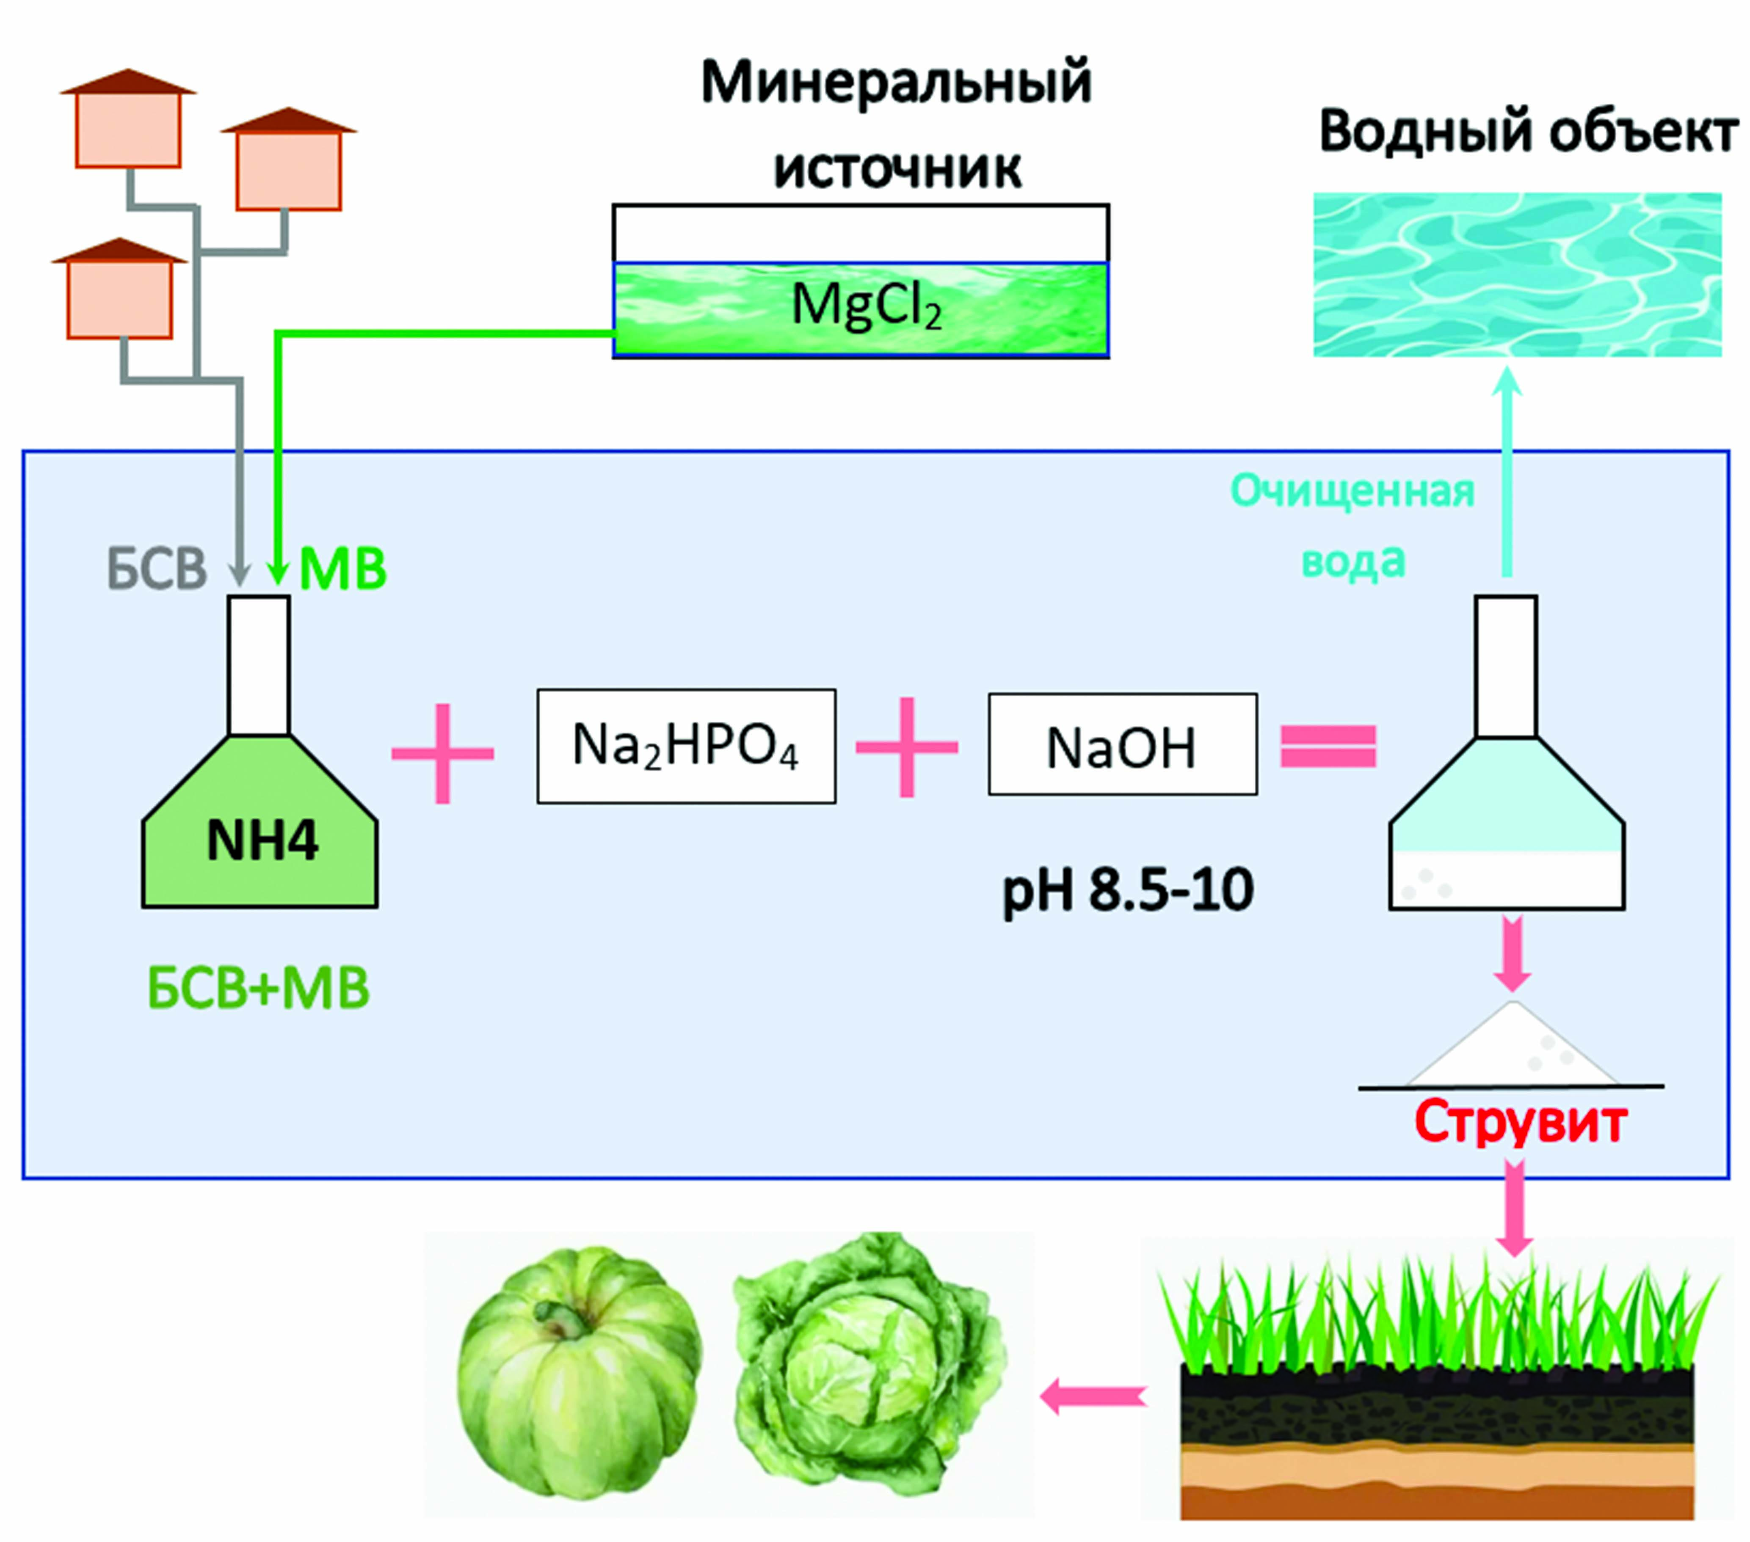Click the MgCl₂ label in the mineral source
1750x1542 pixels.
tap(867, 306)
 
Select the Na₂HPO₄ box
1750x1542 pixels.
tap(686, 746)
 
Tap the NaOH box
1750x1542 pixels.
tap(1123, 744)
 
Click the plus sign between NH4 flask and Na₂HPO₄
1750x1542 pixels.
tap(443, 754)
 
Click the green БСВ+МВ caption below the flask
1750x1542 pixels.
tap(259, 989)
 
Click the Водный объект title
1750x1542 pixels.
tap(1528, 132)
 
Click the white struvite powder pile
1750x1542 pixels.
tap(1513, 1046)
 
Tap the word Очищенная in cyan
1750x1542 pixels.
tap(1353, 492)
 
